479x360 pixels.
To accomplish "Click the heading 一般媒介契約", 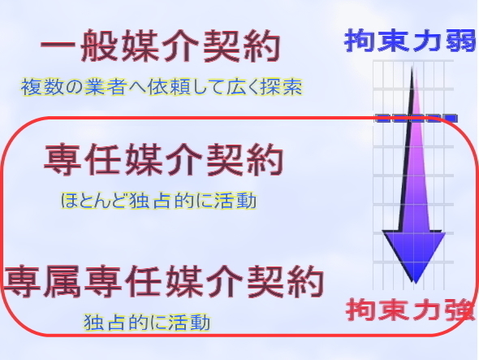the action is [x=161, y=46].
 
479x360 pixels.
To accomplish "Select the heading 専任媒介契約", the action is [x=164, y=159].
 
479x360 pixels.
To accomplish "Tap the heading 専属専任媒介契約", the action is [x=164, y=281].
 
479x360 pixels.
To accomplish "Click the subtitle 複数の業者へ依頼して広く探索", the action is [x=162, y=87].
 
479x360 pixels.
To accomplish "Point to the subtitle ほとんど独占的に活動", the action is [x=158, y=201].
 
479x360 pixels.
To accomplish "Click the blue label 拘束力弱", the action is [x=411, y=40].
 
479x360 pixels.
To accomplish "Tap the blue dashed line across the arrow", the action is [x=416, y=118].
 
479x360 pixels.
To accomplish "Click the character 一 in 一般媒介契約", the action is [x=58, y=47].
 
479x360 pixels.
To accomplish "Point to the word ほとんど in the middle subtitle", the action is [x=93, y=201].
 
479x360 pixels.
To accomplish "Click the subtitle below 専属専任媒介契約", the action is [x=147, y=323].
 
